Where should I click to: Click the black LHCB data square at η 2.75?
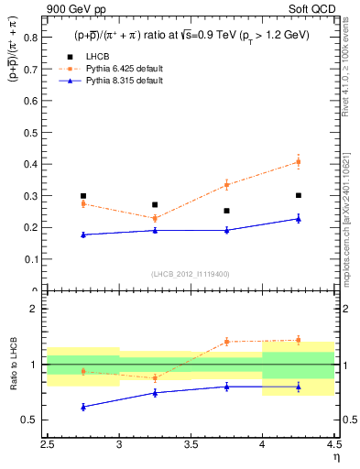tap(83, 196)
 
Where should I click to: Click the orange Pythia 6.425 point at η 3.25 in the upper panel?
tap(155, 218)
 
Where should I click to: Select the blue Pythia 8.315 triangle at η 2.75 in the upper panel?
tap(83, 234)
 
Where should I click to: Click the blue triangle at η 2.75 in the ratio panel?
tap(83, 407)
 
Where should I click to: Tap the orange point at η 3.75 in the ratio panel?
tap(227, 342)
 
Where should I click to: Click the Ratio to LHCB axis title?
tap(13, 365)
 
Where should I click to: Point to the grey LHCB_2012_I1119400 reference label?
tap(191, 275)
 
